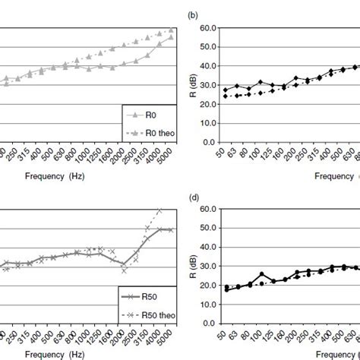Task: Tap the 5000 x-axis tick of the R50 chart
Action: (172, 336)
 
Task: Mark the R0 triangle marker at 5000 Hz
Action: (172, 36)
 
